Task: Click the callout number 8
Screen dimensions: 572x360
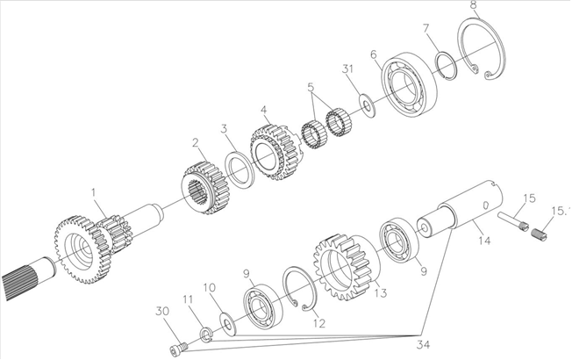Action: (474, 6)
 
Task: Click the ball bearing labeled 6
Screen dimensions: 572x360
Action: (409, 84)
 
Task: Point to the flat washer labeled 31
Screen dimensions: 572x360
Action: (367, 106)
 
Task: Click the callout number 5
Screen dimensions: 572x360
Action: (311, 87)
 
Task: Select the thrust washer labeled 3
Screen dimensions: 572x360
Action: (239, 169)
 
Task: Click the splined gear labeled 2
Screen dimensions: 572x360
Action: (205, 188)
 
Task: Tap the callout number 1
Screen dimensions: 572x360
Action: (94, 192)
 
